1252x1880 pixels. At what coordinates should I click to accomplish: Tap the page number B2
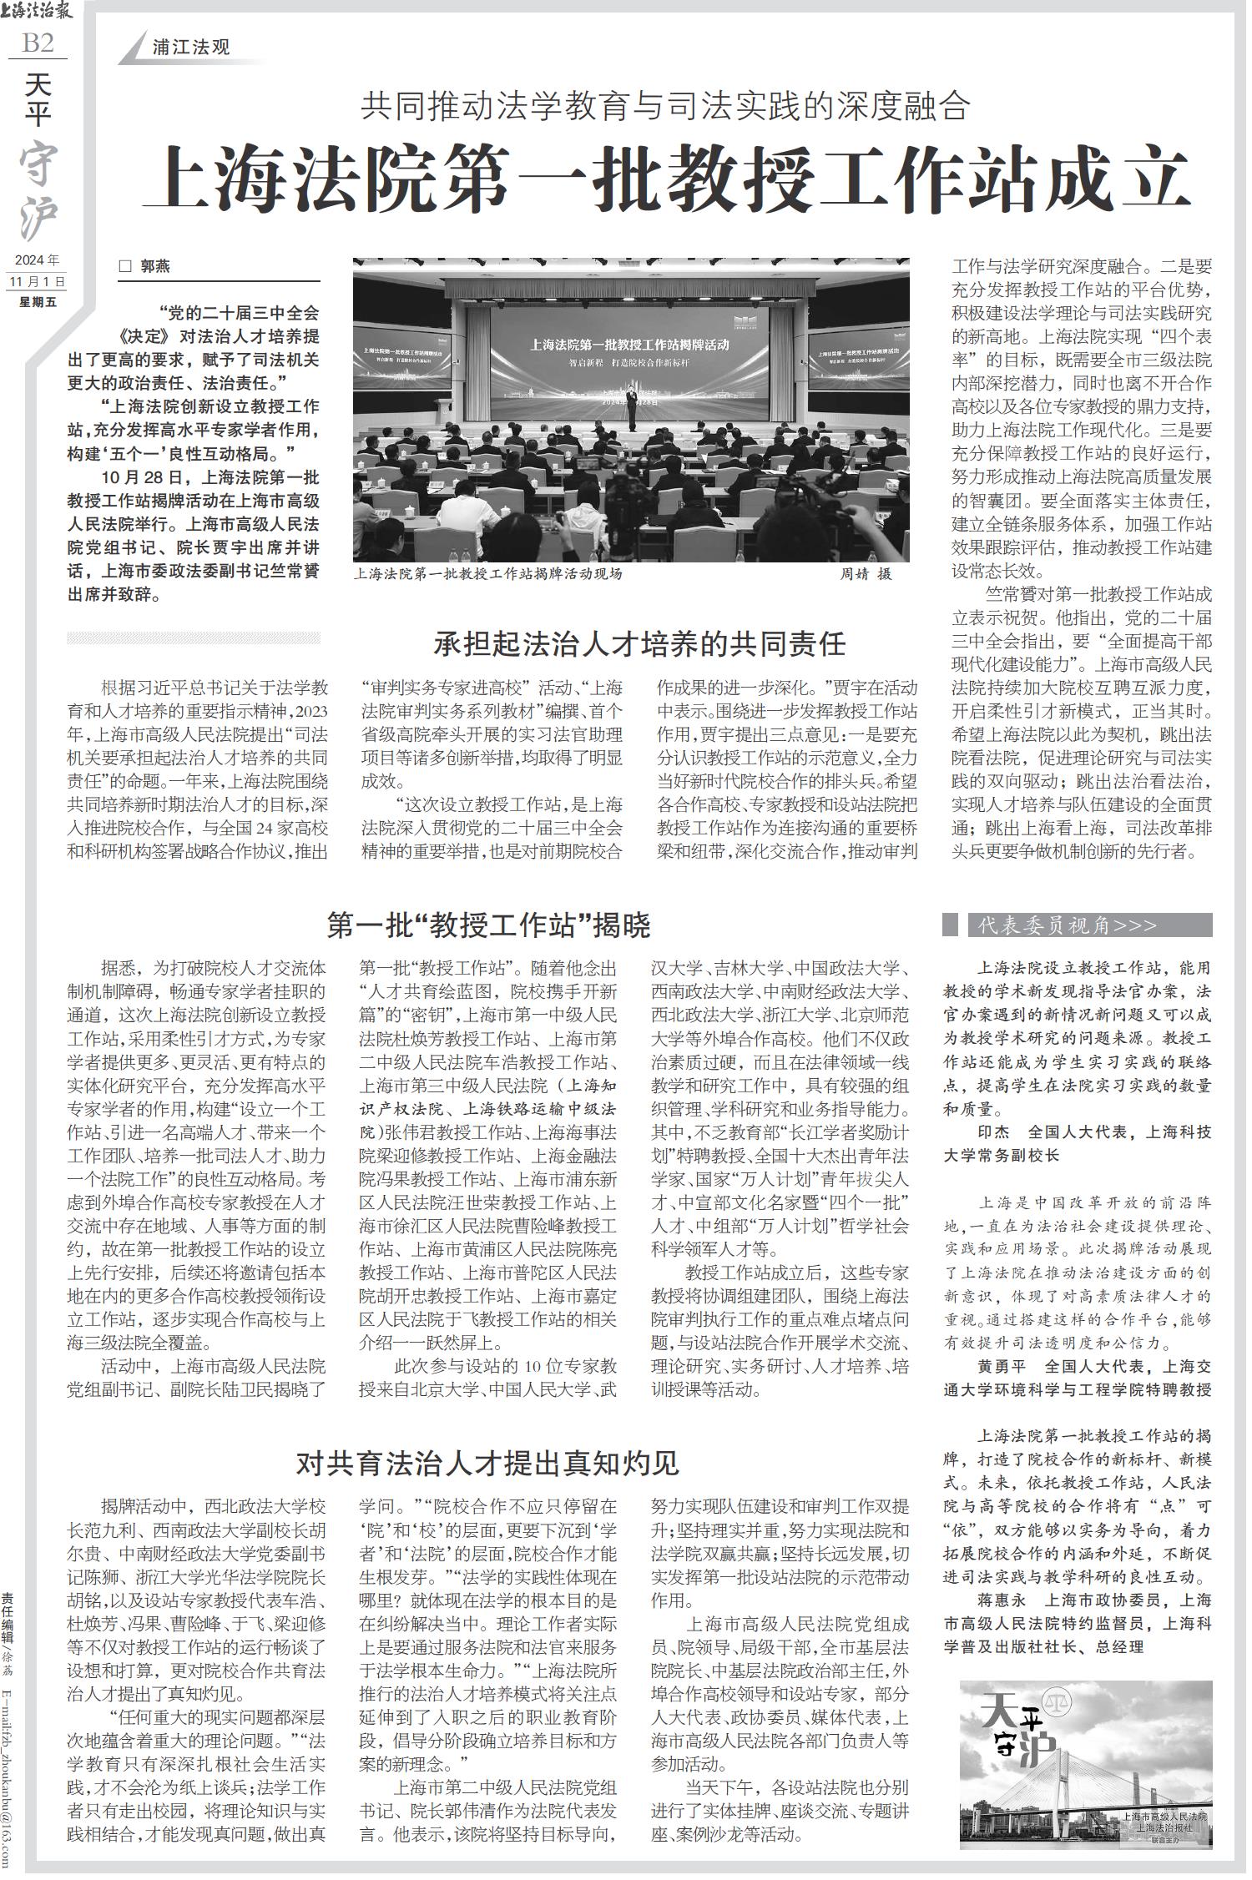click(38, 43)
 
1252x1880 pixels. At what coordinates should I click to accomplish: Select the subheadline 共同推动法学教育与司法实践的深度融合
click(666, 106)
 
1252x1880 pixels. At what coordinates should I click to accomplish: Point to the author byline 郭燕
click(154, 266)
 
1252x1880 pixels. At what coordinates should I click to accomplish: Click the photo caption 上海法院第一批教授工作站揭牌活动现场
click(488, 575)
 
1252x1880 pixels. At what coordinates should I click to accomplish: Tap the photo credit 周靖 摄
click(865, 575)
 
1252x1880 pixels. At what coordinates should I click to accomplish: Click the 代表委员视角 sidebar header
click(1068, 925)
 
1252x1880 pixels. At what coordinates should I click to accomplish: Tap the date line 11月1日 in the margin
click(37, 281)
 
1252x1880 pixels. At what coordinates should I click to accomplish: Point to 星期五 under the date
click(38, 302)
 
